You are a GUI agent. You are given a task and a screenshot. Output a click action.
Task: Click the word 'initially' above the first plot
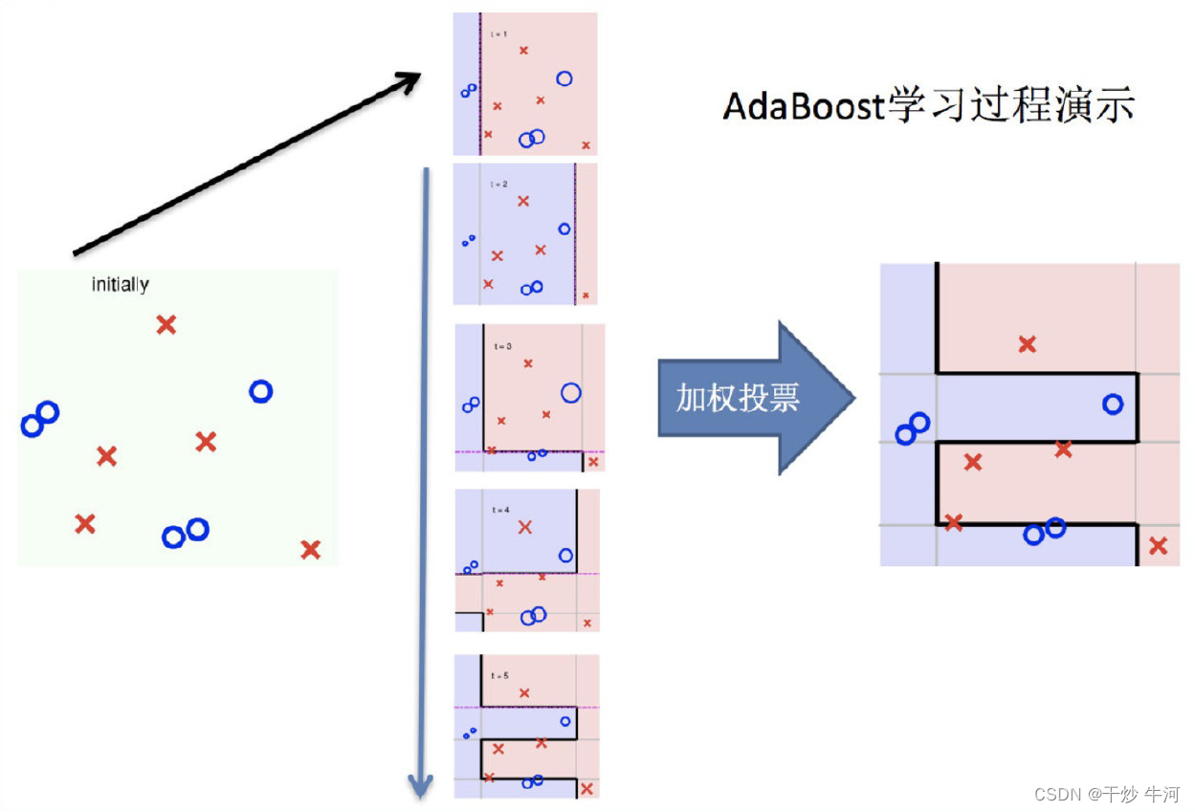121,284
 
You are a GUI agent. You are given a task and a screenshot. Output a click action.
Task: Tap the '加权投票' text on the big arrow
738,398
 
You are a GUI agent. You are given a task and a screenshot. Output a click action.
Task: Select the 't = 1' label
499,34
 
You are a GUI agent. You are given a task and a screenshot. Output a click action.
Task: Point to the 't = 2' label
499,184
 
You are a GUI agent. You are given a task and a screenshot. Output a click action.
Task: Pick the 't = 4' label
500,510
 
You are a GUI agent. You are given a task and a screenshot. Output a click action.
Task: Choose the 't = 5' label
500,675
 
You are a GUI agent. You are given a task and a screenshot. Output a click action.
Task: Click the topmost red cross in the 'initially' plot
166,325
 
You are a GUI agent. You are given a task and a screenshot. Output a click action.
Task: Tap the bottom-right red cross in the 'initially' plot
310,550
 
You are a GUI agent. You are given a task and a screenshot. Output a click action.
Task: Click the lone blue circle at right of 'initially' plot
260,391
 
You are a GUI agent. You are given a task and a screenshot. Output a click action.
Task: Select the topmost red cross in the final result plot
1028,344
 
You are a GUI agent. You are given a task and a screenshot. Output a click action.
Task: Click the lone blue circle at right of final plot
1113,404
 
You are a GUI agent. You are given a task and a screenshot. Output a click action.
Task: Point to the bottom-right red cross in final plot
1159,546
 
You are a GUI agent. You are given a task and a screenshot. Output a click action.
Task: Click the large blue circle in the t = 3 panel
571,392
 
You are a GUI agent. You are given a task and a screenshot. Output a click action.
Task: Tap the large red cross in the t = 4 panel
524,527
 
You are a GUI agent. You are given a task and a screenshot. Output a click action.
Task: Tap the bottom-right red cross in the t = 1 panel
586,145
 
